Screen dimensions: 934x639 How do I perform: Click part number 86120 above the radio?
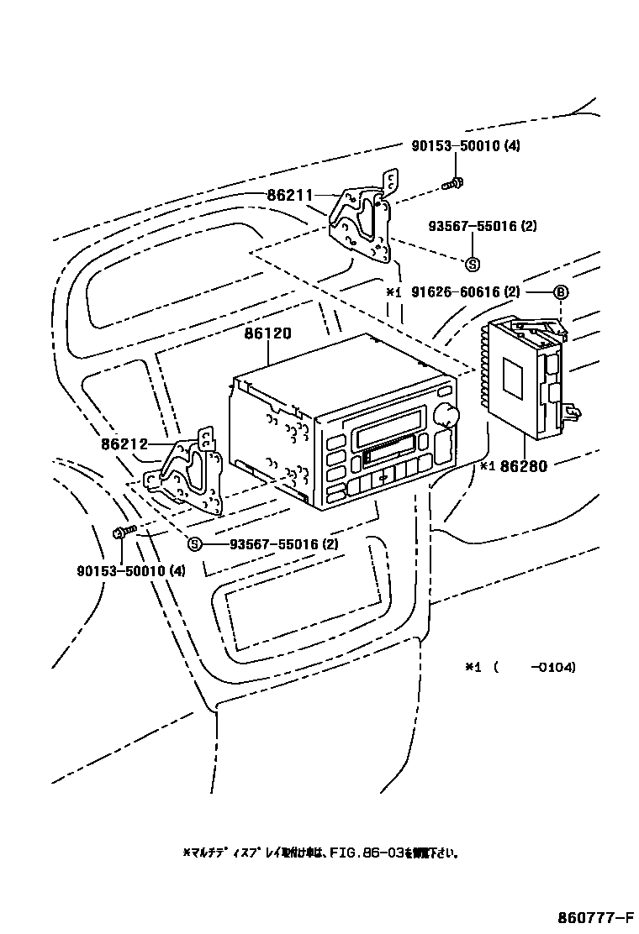[x=267, y=333]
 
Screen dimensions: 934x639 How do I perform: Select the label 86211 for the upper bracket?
[x=290, y=196]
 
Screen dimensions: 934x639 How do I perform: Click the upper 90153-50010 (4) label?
[x=465, y=146]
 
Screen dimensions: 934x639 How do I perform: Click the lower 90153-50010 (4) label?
[x=130, y=571]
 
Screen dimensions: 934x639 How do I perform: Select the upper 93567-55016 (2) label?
[x=482, y=226]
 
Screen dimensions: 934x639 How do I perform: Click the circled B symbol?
[x=561, y=292]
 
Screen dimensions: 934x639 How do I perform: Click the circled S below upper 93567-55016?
[x=472, y=264]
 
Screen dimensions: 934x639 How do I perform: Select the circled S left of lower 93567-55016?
[x=194, y=544]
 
